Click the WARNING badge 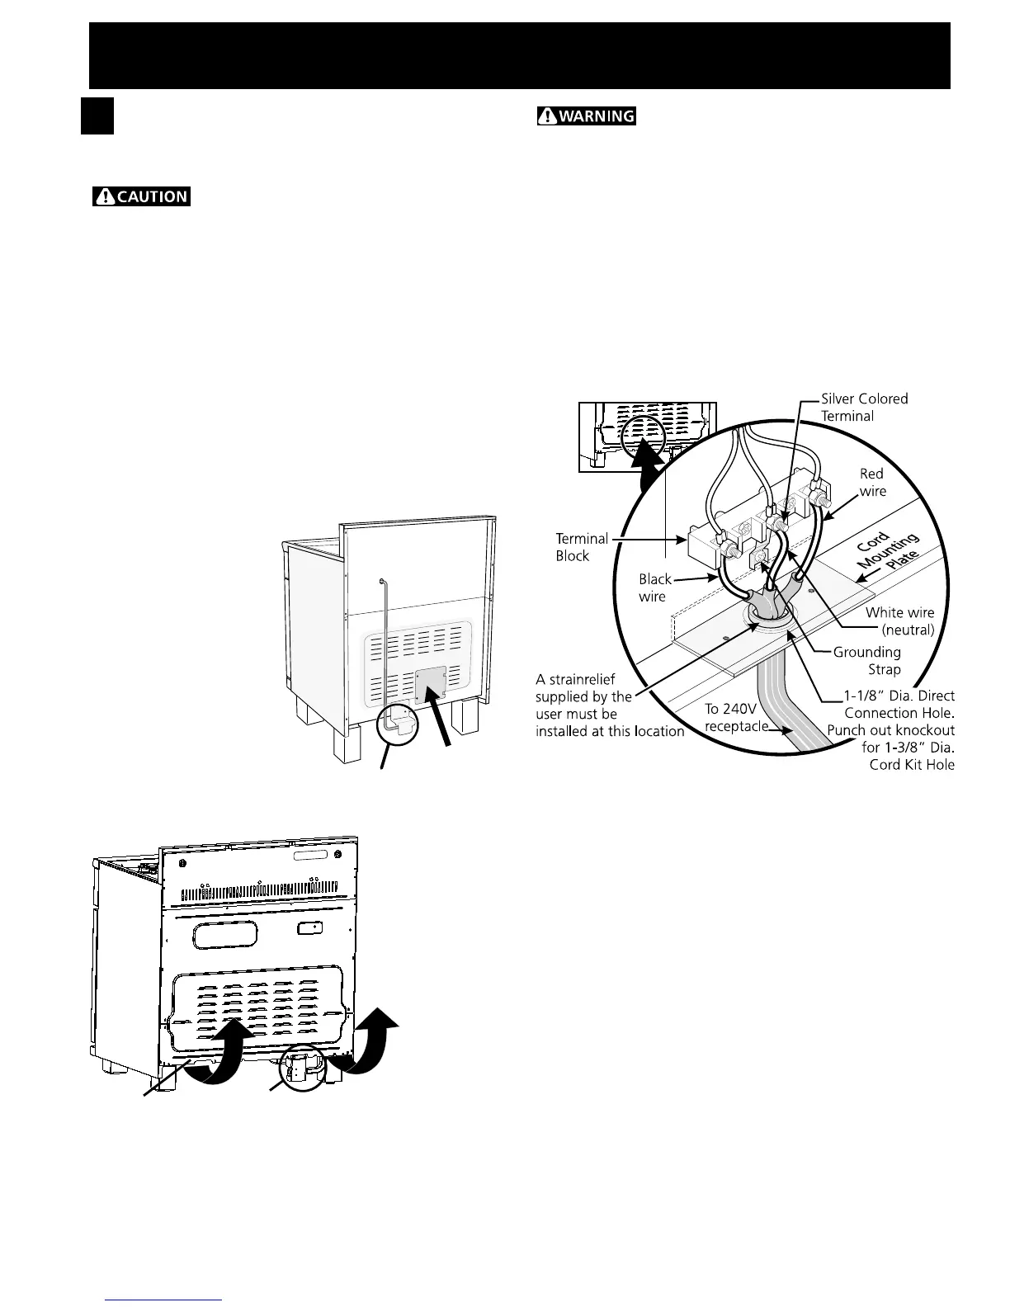[586, 116]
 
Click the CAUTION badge [141, 197]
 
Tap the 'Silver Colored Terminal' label [864, 407]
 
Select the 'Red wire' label [872, 482]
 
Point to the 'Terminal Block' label [581, 547]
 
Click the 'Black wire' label [654, 587]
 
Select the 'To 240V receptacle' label [735, 718]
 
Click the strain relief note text [609, 705]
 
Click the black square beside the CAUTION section [97, 116]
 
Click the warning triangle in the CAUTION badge [106, 197]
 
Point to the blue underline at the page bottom [164, 1300]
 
